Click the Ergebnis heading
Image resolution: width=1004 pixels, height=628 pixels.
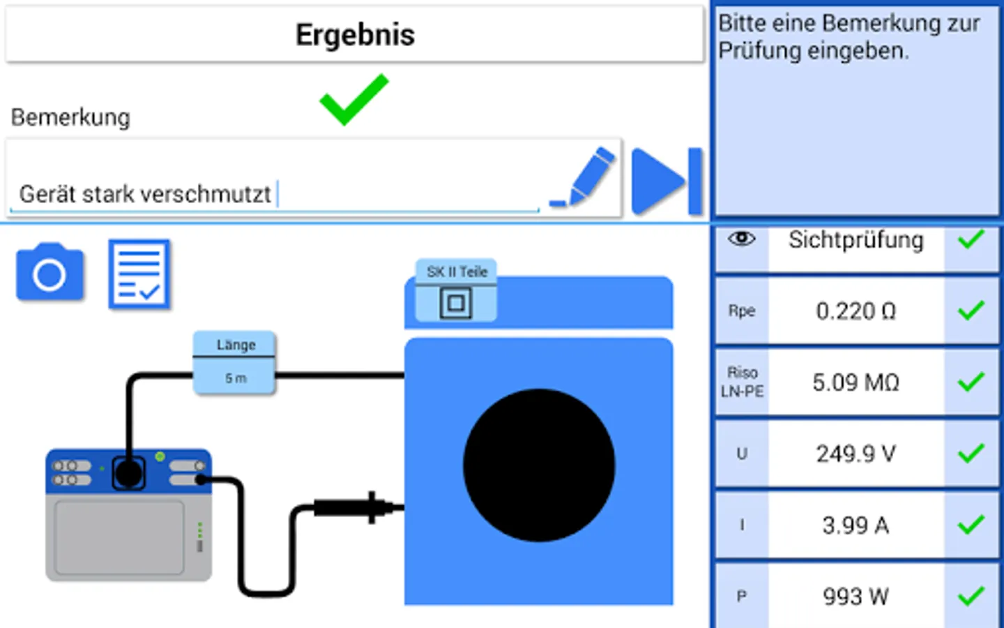pos(355,35)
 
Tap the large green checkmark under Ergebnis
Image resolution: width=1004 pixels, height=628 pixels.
pos(354,100)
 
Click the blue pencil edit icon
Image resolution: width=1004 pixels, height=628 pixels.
pos(583,177)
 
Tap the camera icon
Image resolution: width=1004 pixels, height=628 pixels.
pos(50,272)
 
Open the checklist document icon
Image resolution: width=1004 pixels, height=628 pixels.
pos(139,274)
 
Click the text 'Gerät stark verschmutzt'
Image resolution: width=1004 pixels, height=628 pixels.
pos(145,194)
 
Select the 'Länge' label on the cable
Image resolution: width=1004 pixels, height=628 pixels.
pos(236,345)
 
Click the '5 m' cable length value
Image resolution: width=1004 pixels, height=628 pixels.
pos(236,378)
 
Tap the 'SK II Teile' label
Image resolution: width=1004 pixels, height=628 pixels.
pos(457,271)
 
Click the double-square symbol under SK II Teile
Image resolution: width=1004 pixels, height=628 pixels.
pos(456,304)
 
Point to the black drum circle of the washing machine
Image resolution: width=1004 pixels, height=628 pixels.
pos(539,465)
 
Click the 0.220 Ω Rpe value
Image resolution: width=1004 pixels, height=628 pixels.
pos(855,311)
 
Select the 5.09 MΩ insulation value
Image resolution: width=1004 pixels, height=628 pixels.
pos(855,382)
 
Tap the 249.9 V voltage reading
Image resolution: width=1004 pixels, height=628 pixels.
pos(855,454)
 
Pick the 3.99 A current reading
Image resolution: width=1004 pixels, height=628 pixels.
pos(855,525)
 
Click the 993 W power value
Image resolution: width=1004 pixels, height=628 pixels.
pos(855,597)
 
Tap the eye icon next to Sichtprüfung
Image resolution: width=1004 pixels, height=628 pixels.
pos(742,239)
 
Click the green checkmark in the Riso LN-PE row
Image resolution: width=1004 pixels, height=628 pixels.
pos(971,382)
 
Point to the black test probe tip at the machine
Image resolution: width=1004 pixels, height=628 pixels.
pos(395,508)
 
